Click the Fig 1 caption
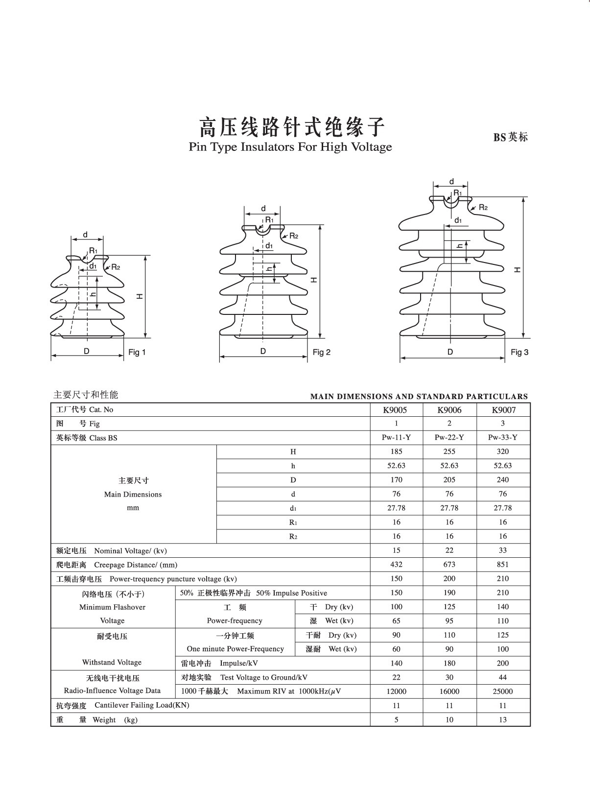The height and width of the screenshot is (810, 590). coord(137,352)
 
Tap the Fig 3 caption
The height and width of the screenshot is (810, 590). coord(519,352)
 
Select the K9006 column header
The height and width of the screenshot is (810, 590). coord(449,410)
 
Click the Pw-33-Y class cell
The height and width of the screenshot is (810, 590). coord(502,437)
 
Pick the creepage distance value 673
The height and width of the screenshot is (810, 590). coord(449,564)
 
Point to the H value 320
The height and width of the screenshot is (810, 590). coord(502,452)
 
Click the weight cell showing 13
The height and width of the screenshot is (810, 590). coord(502,719)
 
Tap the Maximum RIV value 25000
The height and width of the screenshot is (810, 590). coord(502,691)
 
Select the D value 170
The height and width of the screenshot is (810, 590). coord(396,480)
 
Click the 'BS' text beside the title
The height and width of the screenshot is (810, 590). coord(499,138)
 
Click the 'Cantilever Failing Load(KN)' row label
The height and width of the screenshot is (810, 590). coord(142,705)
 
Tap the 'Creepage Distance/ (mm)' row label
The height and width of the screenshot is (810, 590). coord(136,565)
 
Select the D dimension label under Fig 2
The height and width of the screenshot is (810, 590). coord(263,351)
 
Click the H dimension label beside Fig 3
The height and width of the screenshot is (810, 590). coord(517,269)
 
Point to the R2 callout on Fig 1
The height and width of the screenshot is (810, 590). coord(116,267)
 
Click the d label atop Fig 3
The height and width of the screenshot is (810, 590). coord(451,182)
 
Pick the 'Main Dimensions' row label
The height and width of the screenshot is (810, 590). coord(133,494)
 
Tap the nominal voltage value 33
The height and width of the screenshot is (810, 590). coord(502,550)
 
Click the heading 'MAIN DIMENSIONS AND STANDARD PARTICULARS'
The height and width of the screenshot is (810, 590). coord(419,396)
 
